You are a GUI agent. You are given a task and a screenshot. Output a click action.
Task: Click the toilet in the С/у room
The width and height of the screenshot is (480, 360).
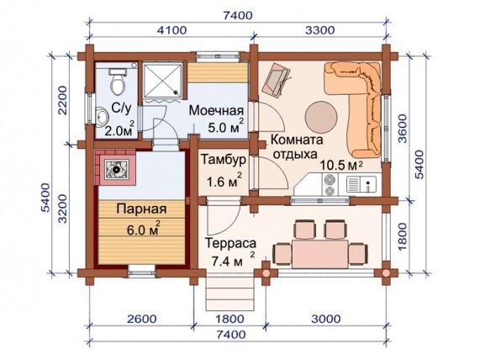point(118,81)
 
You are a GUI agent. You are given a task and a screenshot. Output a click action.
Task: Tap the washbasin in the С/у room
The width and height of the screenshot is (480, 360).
point(102,117)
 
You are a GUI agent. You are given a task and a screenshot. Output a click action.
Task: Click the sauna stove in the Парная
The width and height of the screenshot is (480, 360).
point(116,169)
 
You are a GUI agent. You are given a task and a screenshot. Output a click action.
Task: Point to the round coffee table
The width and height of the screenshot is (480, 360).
point(321,117)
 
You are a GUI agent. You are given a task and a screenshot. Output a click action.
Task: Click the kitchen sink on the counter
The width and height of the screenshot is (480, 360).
point(361,183)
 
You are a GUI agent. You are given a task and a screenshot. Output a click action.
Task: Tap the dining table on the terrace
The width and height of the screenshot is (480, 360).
point(320,254)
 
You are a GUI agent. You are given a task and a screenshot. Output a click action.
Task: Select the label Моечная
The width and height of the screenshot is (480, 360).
point(216,110)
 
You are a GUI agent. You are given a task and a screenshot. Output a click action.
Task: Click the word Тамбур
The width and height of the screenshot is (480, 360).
point(223,160)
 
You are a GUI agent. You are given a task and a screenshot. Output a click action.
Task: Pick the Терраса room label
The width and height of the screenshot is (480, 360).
point(230,244)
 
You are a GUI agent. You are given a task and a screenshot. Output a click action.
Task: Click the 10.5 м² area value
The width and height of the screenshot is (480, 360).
point(341,166)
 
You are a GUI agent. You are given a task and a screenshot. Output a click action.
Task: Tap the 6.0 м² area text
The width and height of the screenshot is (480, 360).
point(143,229)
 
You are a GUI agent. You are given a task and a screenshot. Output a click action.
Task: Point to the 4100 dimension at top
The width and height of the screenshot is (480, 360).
point(171,30)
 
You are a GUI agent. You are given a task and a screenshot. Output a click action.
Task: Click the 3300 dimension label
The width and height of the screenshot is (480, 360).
point(320,30)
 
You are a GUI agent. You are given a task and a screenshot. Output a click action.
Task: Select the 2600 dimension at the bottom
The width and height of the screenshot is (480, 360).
point(142,319)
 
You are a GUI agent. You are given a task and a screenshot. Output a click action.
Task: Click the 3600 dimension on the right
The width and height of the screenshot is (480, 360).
point(404,129)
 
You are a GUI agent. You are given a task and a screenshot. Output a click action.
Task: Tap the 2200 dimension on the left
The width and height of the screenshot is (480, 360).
point(62,100)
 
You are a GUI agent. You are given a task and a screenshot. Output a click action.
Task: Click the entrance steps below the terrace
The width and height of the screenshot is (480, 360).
point(230,294)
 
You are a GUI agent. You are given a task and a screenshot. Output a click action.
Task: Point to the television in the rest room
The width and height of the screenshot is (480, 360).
point(276,80)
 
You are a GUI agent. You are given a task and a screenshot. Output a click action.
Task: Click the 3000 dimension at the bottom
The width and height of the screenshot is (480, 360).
point(326,319)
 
